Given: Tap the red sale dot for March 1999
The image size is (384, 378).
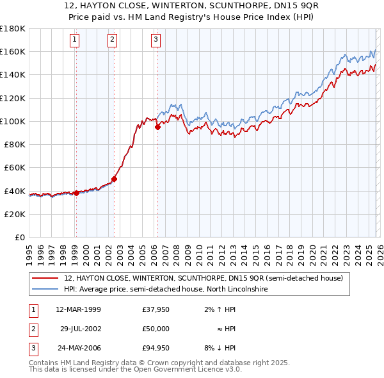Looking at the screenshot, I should point(76,193).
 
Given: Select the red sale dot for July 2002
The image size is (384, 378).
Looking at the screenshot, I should point(115,179).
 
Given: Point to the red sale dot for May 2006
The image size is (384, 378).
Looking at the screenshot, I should point(157,127).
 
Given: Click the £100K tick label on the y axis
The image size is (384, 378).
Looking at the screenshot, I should point(12,121).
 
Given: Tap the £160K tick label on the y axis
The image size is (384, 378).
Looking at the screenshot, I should point(12,51).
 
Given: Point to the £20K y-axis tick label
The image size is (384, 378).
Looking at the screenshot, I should point(14,214).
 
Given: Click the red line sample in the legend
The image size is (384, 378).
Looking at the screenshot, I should point(45,279).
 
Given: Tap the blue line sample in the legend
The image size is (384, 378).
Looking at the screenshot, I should point(45,290).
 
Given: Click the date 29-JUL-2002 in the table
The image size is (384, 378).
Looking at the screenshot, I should point(82,329).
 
